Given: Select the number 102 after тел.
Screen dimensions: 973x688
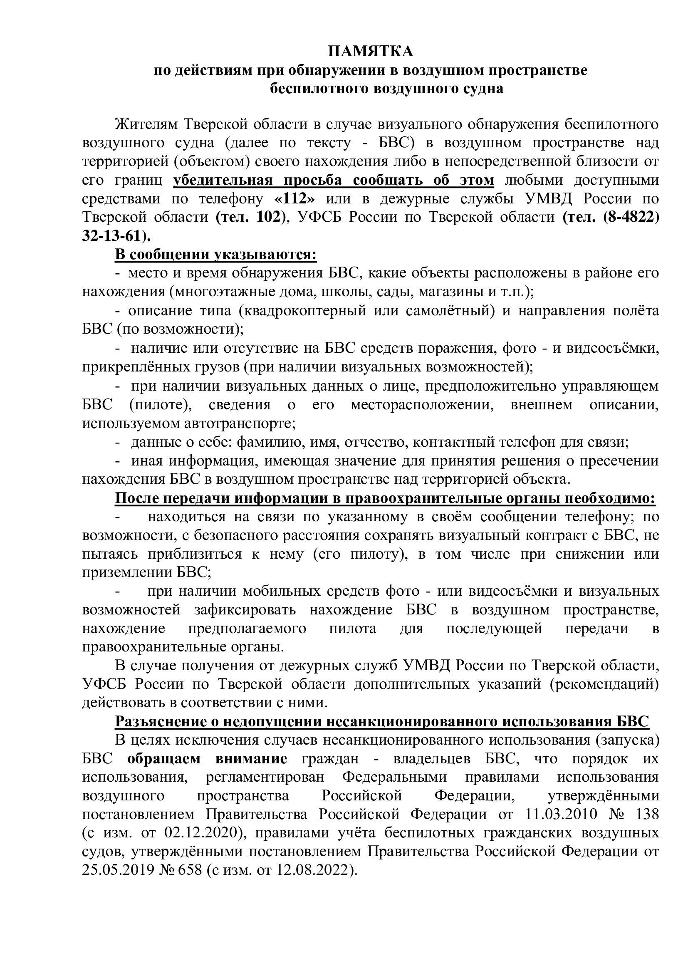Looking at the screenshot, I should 268,218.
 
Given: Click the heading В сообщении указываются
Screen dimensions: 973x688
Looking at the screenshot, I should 215,255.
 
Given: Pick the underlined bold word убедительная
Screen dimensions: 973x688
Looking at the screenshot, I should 223,180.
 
